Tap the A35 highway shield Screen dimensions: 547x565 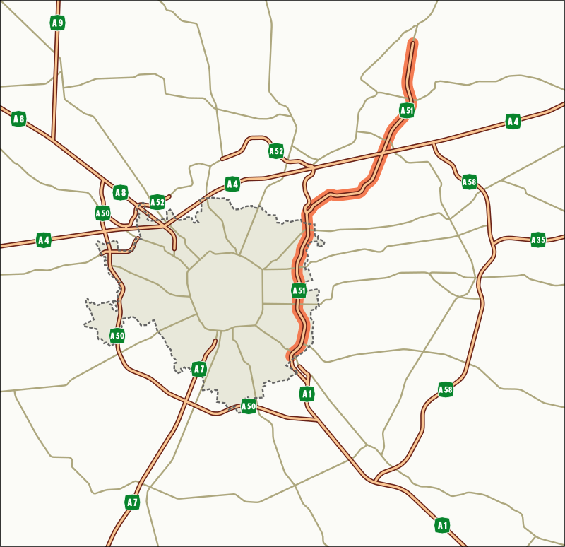(538, 240)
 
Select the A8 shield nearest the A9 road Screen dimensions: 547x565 (19, 119)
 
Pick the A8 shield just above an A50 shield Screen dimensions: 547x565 (121, 192)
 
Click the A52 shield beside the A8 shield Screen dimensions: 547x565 (157, 202)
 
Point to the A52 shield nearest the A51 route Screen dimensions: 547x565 (276, 151)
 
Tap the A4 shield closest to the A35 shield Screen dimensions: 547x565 (513, 122)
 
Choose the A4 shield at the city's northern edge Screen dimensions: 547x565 (232, 184)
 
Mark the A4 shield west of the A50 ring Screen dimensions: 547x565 (44, 240)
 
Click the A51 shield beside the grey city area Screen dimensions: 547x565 (299, 290)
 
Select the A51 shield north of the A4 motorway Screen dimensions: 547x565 (407, 110)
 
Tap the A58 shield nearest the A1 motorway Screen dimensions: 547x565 (446, 389)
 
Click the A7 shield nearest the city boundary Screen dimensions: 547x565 (199, 369)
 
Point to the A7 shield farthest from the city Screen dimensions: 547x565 (132, 502)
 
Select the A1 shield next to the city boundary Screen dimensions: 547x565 (307, 394)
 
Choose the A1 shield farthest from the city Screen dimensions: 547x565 (442, 525)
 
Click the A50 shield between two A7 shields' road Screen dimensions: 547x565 (249, 406)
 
